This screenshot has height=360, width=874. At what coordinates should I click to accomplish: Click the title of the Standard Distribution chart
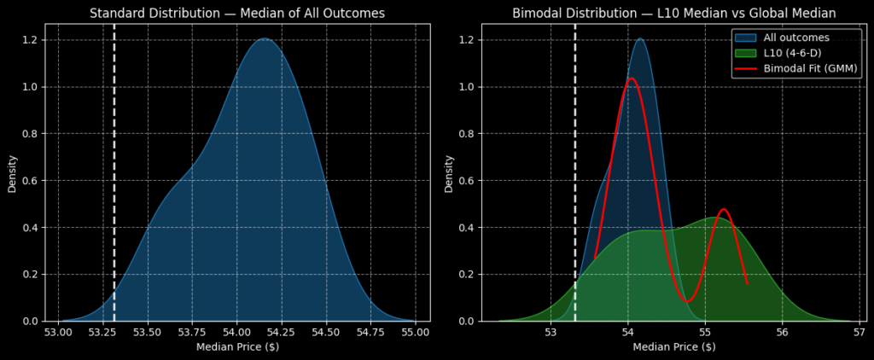coord(237,13)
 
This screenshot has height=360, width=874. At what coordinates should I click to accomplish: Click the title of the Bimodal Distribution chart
coord(673,13)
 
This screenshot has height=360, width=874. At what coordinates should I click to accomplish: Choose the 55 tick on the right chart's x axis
coord(705,331)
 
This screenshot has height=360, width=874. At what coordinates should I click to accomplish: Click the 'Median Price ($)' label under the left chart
coord(237,346)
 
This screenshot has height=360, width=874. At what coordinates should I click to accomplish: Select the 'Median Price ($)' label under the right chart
coord(673,346)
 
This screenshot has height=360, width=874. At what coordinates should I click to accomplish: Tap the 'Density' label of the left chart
coord(13,172)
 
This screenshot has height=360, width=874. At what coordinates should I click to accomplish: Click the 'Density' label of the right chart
coord(449,172)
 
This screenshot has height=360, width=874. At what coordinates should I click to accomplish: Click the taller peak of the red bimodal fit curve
coord(632,78)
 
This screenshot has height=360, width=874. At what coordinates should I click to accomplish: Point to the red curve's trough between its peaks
coord(687,300)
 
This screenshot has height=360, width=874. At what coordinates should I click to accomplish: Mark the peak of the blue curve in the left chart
coord(264,38)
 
